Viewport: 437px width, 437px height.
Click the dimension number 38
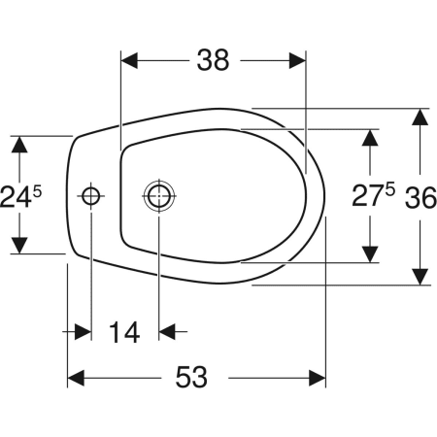pyautogui.click(x=213, y=60)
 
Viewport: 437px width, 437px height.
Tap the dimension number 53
pyautogui.click(x=191, y=377)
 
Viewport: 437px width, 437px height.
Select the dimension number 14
pyautogui.click(x=124, y=332)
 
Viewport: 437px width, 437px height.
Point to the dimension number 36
pyautogui.click(x=420, y=197)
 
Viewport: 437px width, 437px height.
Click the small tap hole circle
pyautogui.click(x=91, y=196)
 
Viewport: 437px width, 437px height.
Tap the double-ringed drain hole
pyautogui.click(x=159, y=196)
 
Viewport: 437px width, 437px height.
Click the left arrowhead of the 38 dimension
pyautogui.click(x=129, y=60)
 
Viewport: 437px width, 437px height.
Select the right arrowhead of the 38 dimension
pyautogui.click(x=297, y=60)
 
